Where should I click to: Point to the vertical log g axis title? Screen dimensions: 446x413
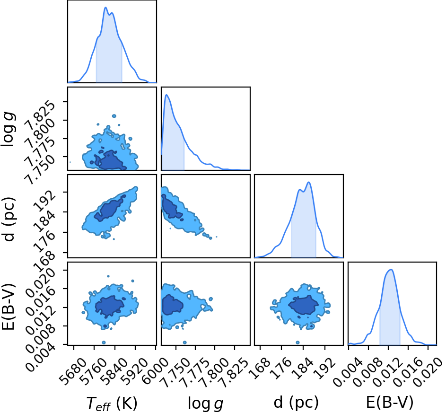click(x=9, y=129)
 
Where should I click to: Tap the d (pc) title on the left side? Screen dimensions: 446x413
click(x=9, y=219)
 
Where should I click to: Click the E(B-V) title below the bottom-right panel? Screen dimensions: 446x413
click(x=389, y=403)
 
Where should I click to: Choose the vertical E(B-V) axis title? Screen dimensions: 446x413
click(x=8, y=307)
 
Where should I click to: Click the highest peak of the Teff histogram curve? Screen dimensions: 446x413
click(x=105, y=8)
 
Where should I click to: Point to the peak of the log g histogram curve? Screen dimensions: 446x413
click(x=166, y=95)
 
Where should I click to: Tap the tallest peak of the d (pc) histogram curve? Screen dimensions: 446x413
click(x=309, y=182)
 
